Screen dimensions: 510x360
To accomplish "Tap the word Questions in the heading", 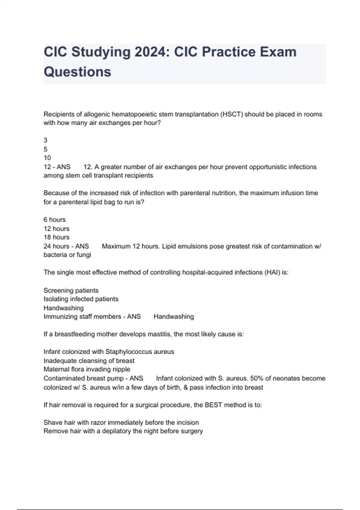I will (77, 72).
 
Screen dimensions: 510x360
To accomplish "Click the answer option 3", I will (46, 140).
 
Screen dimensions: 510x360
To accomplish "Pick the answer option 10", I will (47, 158).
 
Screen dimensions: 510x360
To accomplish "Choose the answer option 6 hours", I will (55, 220).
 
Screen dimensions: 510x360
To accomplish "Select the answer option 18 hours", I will (56, 237).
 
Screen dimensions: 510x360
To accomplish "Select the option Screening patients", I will (71, 290).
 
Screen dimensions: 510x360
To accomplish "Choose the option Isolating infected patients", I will (81, 299).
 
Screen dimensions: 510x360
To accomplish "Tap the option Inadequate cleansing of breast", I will (89, 361).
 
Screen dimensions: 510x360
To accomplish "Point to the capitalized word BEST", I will (213, 405).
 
